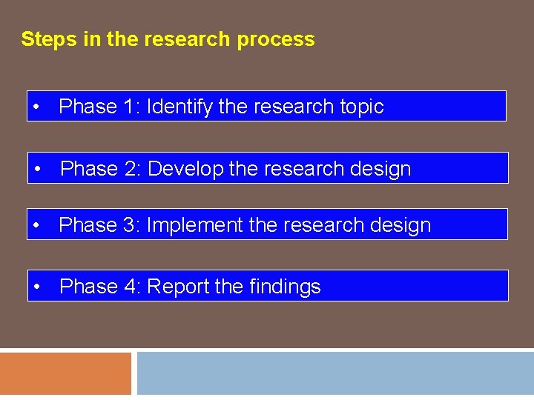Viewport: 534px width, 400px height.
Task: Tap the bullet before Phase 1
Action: [36, 107]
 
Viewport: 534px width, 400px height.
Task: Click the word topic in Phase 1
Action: [361, 107]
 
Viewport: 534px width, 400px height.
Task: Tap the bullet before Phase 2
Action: [38, 170]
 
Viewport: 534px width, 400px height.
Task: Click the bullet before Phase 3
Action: [36, 225]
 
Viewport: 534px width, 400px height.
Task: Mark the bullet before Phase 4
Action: [37, 287]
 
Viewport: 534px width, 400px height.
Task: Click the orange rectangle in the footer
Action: [65, 374]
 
